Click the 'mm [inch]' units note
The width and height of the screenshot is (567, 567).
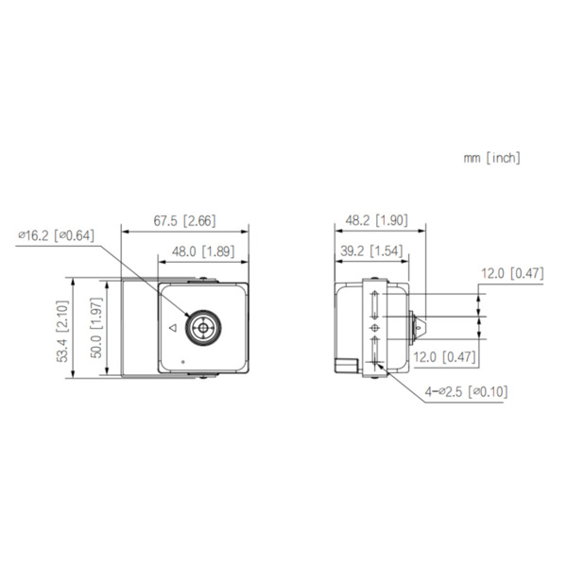491,159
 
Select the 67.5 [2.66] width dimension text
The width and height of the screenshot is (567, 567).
184,221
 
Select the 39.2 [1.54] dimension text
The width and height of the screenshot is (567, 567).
369,251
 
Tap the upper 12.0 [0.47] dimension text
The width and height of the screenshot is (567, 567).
511,274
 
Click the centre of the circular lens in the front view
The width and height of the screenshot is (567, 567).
200,328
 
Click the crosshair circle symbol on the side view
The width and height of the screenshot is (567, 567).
375,328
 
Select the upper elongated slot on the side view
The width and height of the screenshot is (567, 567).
375,305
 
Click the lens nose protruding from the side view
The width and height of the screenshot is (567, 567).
419,328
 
